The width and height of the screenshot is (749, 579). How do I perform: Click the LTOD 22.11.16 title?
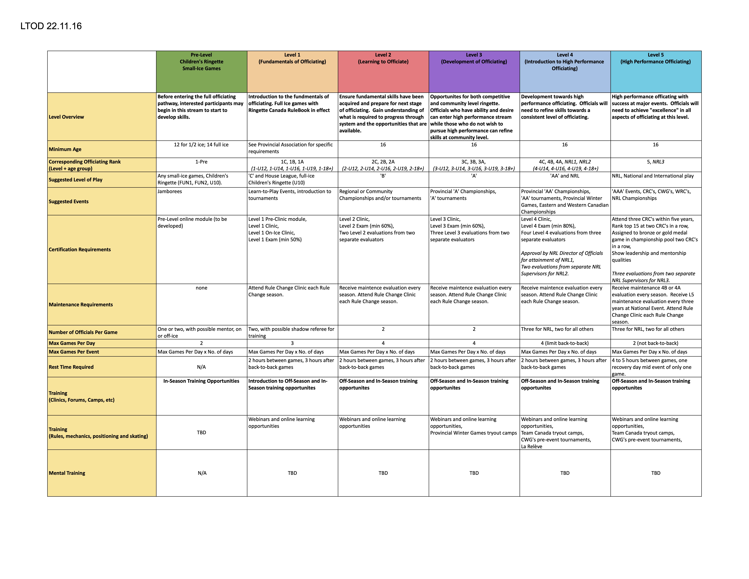click(51, 26)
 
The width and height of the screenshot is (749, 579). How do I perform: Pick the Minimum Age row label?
click(65, 149)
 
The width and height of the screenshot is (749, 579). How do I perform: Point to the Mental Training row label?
click(67, 473)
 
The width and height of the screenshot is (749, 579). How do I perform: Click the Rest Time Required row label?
click(71, 367)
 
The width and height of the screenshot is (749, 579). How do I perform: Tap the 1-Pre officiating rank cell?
click(201, 162)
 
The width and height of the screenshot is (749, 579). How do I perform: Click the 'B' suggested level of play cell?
click(383, 176)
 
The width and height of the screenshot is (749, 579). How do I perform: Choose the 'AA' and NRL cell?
click(564, 176)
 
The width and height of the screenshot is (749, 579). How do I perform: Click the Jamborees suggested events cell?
click(170, 191)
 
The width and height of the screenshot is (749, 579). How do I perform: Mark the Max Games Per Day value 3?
click(292, 343)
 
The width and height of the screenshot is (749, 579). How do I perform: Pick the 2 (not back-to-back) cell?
click(655, 343)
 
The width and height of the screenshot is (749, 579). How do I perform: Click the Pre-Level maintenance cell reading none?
click(201, 288)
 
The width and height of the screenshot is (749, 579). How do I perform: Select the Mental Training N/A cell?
click(202, 473)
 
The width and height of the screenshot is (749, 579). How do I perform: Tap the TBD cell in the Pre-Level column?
click(201, 433)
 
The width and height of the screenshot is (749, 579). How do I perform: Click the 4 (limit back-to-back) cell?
click(564, 343)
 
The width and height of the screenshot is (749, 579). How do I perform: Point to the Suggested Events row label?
click(69, 201)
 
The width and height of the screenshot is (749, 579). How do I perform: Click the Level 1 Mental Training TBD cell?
click(292, 473)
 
